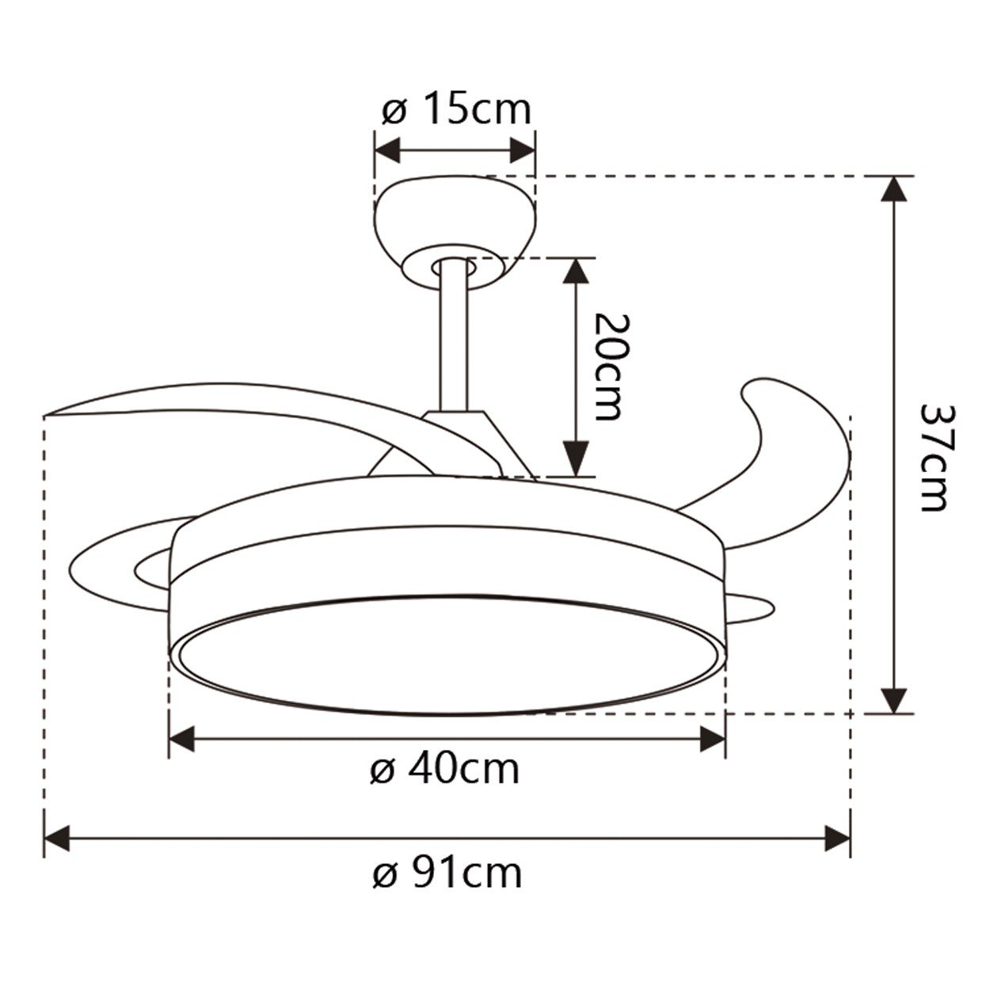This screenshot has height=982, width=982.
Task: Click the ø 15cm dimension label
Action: (x=455, y=110)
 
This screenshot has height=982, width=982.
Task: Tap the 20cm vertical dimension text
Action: (x=609, y=367)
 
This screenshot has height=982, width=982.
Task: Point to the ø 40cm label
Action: (x=444, y=769)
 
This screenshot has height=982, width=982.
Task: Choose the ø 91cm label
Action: (x=447, y=874)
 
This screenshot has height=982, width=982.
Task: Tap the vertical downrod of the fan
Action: (x=453, y=341)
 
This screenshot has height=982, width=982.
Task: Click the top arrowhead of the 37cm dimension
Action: (x=894, y=190)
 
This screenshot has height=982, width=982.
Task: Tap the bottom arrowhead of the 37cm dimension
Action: (x=894, y=699)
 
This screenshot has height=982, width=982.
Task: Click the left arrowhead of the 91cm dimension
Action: (x=57, y=838)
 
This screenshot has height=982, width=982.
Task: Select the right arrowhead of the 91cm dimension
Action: (x=837, y=838)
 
